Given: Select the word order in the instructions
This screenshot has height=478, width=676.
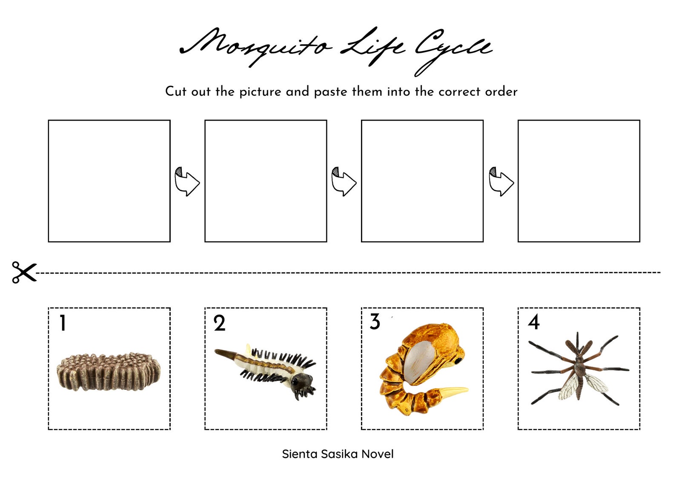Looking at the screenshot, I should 501,92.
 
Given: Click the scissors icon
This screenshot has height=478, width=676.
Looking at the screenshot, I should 24,272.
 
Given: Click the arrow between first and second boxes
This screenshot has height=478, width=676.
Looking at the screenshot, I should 187,181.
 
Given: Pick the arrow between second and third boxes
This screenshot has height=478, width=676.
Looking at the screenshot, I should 344,181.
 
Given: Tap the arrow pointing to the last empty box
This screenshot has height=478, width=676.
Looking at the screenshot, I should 501,181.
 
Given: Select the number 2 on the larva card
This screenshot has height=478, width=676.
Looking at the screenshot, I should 219,323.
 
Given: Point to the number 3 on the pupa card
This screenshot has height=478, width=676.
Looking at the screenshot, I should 375,322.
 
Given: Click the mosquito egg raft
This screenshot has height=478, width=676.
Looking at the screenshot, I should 109,370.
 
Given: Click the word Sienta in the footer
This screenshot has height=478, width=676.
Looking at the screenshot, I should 300,454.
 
